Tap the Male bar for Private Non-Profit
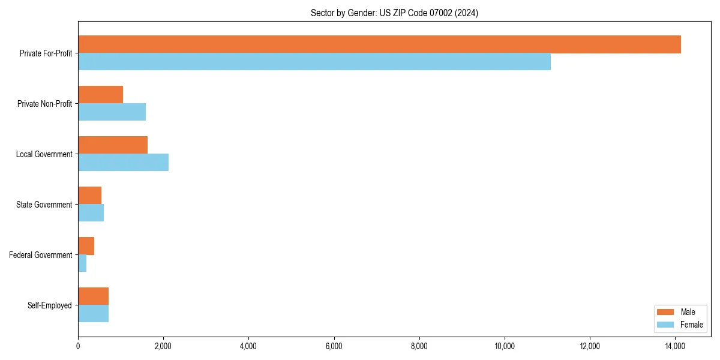(100, 95)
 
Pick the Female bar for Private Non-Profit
(112, 112)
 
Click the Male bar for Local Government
(113, 145)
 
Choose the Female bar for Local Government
(123, 163)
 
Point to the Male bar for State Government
(89, 196)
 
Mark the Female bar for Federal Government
(82, 263)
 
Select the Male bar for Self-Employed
(93, 296)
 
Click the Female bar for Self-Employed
(93, 314)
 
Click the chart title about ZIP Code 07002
(394, 13)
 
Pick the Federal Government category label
(41, 255)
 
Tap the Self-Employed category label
(50, 305)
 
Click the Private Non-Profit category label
(44, 104)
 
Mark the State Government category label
(44, 205)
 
